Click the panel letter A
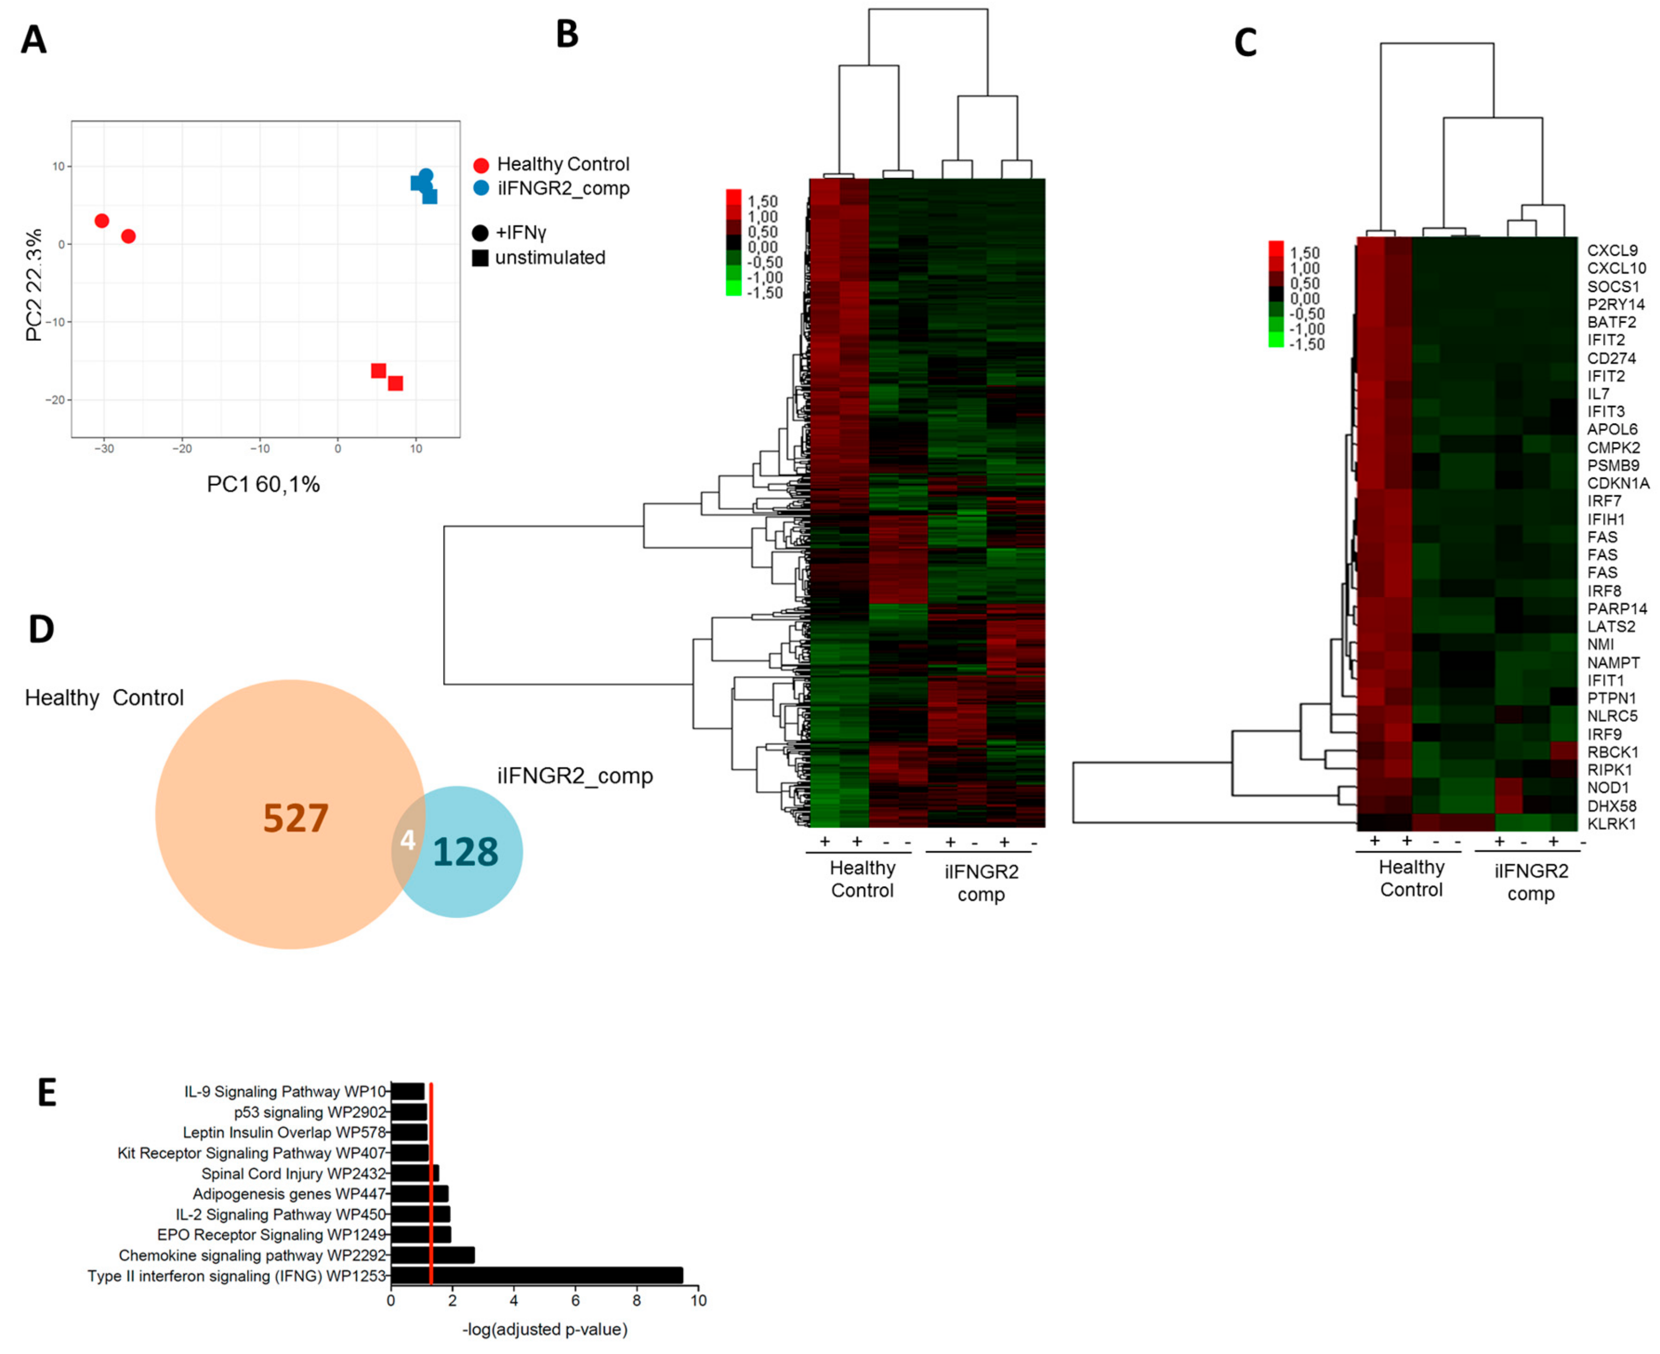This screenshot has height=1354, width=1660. click(x=34, y=40)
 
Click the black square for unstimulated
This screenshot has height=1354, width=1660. click(x=480, y=257)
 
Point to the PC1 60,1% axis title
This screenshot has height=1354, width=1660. click(x=263, y=484)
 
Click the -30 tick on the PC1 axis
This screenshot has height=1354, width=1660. click(x=104, y=449)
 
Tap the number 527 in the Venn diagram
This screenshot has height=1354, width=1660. click(x=295, y=818)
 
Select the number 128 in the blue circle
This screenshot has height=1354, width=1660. click(x=465, y=852)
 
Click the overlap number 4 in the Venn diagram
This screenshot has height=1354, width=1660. click(x=407, y=840)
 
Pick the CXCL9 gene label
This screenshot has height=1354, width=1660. click(x=1612, y=251)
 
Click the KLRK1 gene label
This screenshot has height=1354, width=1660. click(x=1611, y=824)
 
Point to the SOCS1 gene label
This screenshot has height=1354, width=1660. click(x=1613, y=286)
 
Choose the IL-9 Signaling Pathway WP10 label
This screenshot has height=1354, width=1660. click(x=285, y=1091)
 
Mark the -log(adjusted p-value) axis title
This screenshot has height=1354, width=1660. click(x=544, y=1329)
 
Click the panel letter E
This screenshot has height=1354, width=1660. click(x=47, y=1093)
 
